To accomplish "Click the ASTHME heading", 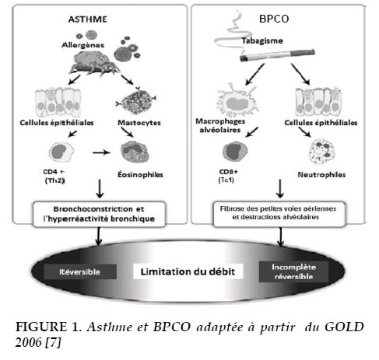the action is coord(88,19).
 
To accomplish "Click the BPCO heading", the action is coord(274,19).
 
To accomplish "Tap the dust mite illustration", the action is coord(94,62).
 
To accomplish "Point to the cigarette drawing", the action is coord(277,55).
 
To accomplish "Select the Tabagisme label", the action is coord(262,40).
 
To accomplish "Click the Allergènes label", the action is coord(82,45).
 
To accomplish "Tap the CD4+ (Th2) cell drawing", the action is coord(61,152).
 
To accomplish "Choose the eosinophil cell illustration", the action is coord(135,152).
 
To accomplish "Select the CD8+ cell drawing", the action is coord(235,152).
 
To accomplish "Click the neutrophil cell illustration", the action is coord(322,152).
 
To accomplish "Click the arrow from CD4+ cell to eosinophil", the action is coord(101,152).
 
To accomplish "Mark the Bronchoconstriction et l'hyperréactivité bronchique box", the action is coord(99,215).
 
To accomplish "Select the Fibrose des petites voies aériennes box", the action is coord(279,214).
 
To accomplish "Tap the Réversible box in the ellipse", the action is coord(80,271).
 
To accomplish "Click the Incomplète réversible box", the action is coord(293,271).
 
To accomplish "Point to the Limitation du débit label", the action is coord(188,271).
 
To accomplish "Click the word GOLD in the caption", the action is coord(344,327).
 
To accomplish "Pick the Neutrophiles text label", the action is coord(321,175).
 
